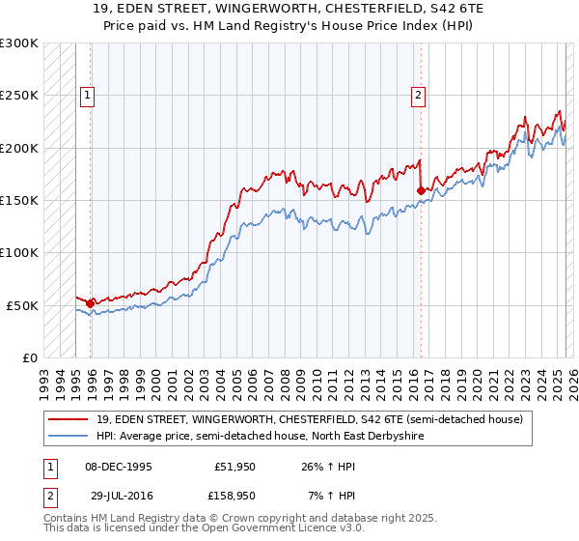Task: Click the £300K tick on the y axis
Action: pos(19,43)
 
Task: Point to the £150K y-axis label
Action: pos(19,201)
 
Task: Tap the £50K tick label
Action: pos(22,305)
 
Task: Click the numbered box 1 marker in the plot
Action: pos(88,95)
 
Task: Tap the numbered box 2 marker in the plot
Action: pos(418,95)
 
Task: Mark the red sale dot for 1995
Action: pos(90,303)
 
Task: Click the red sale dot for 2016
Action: pos(421,191)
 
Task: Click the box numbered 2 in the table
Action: pos(49,495)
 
